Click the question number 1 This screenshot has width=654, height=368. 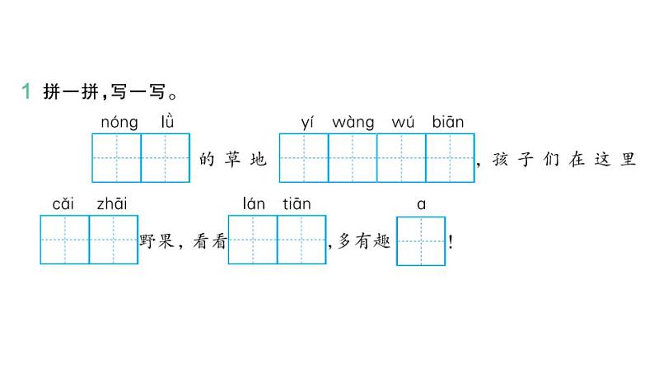26,91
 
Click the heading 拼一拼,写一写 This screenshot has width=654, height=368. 106,91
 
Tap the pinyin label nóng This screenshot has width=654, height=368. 119,123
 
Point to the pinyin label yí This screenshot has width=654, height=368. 308,123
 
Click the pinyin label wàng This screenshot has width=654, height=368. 353,123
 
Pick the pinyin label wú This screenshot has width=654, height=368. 402,123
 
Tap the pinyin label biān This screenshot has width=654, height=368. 448,122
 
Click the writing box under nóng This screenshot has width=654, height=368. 117,157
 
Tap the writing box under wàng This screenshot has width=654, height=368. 353,157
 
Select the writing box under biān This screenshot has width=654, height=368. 450,157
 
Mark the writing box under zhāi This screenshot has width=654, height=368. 113,240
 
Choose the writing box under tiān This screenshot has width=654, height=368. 301,240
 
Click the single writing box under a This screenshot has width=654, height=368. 421,240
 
